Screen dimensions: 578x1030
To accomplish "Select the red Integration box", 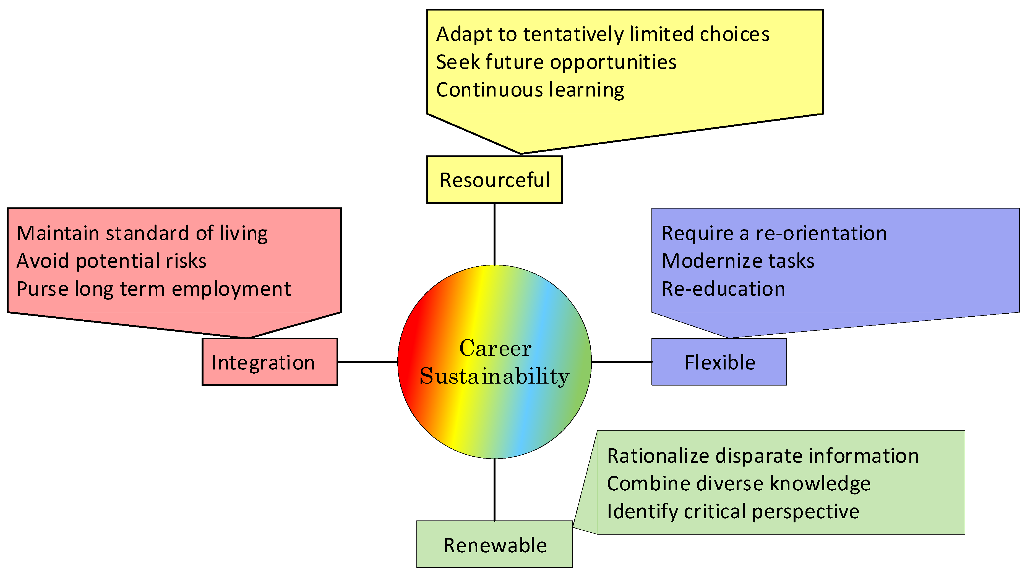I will click(270, 362).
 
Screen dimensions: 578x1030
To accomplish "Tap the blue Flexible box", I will click(719, 362).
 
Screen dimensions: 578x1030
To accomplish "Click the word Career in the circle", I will click(495, 348).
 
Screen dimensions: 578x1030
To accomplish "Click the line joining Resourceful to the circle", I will click(495, 234).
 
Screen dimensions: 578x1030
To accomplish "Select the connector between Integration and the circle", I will click(367, 362).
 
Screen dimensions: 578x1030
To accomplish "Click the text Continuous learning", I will click(530, 90).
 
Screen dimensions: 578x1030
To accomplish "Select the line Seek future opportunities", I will click(556, 62).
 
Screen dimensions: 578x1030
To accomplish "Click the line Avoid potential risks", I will click(111, 261).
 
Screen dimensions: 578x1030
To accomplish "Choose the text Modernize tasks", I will click(738, 261).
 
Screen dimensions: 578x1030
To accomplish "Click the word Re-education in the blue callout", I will click(723, 289).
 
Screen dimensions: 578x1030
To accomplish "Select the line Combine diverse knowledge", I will click(739, 484).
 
